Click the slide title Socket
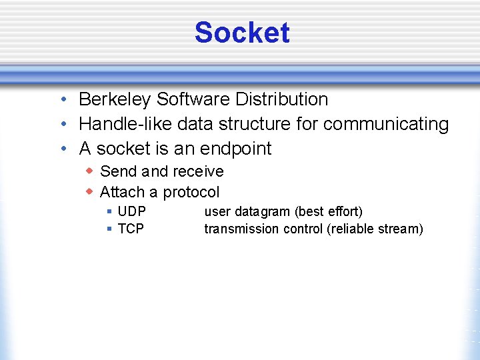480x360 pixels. pyautogui.click(x=242, y=33)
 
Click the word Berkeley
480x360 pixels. pyautogui.click(x=115, y=99)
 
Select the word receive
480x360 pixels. pyautogui.click(x=198, y=171)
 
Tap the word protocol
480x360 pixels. pyautogui.click(x=191, y=192)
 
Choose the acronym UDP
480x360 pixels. pyautogui.click(x=131, y=212)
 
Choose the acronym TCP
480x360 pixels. pyautogui.click(x=131, y=229)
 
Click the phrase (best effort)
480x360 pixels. pyautogui.click(x=329, y=212)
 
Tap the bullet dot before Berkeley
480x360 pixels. pyautogui.click(x=61, y=100)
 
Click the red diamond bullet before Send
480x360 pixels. pyautogui.click(x=89, y=171)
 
